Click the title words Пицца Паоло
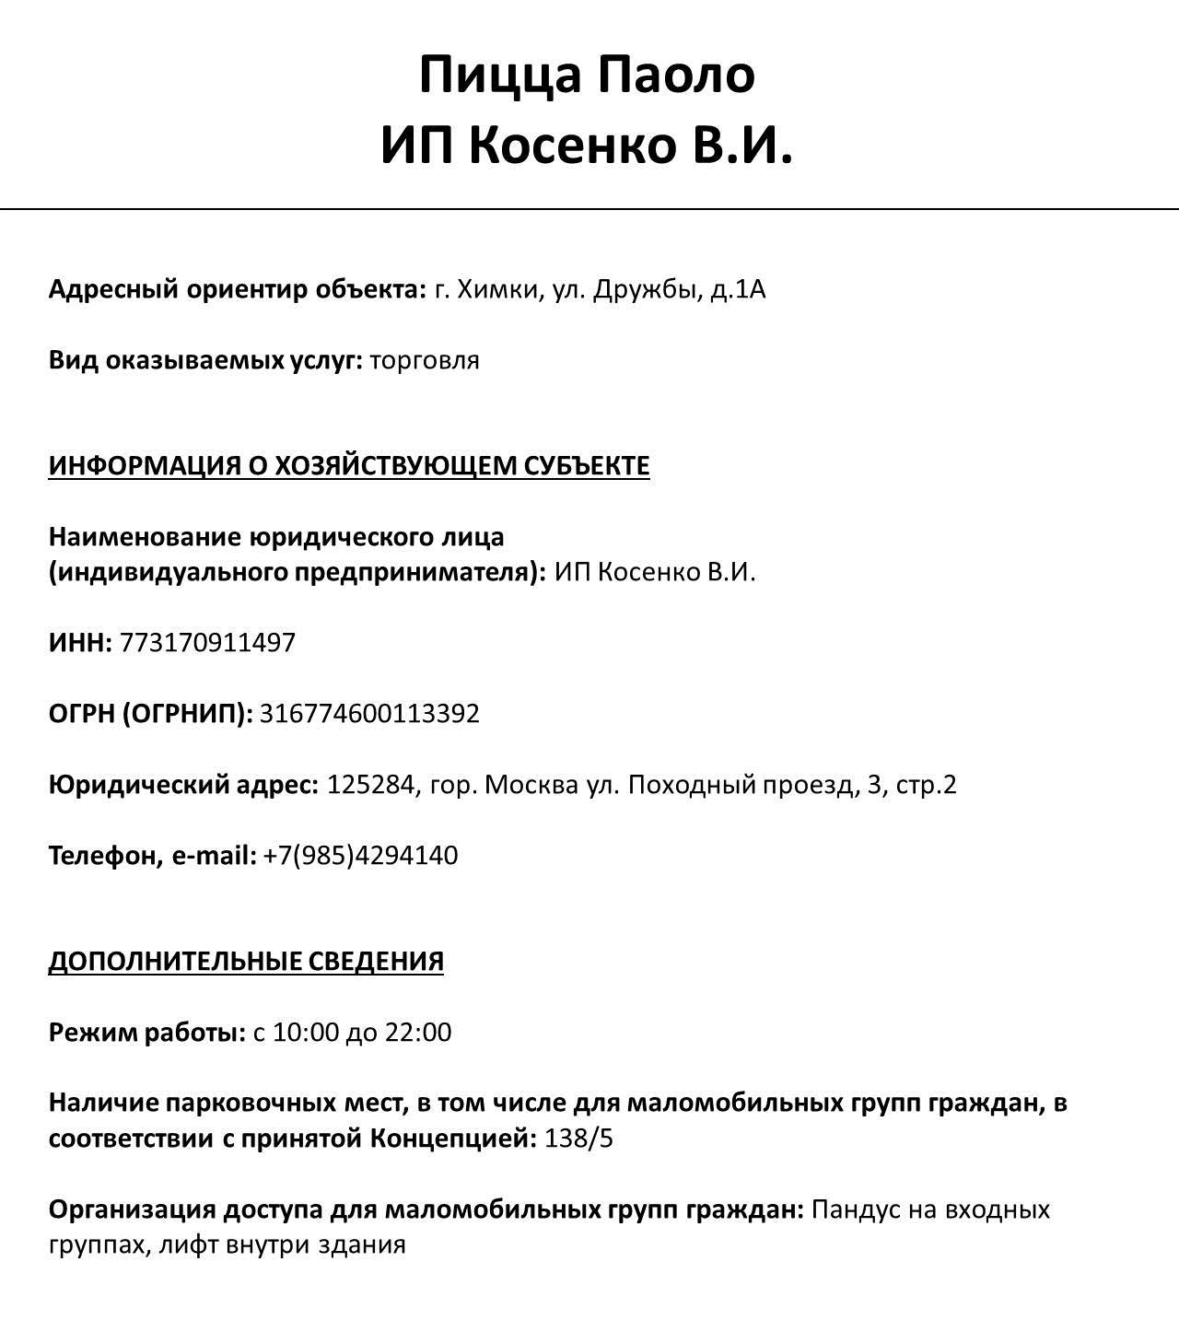pos(587,75)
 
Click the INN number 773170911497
pos(207,642)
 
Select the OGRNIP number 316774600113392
pos(369,713)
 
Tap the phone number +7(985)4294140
pos(360,855)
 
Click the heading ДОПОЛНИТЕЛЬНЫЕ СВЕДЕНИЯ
pos(246,961)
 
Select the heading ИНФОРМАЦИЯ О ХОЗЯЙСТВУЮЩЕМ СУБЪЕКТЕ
pos(349,465)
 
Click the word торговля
pos(425,359)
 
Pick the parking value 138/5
pos(578,1139)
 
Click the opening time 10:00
pos(306,1032)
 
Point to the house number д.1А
pos(738,289)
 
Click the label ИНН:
pos(80,642)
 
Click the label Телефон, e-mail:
pos(152,855)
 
